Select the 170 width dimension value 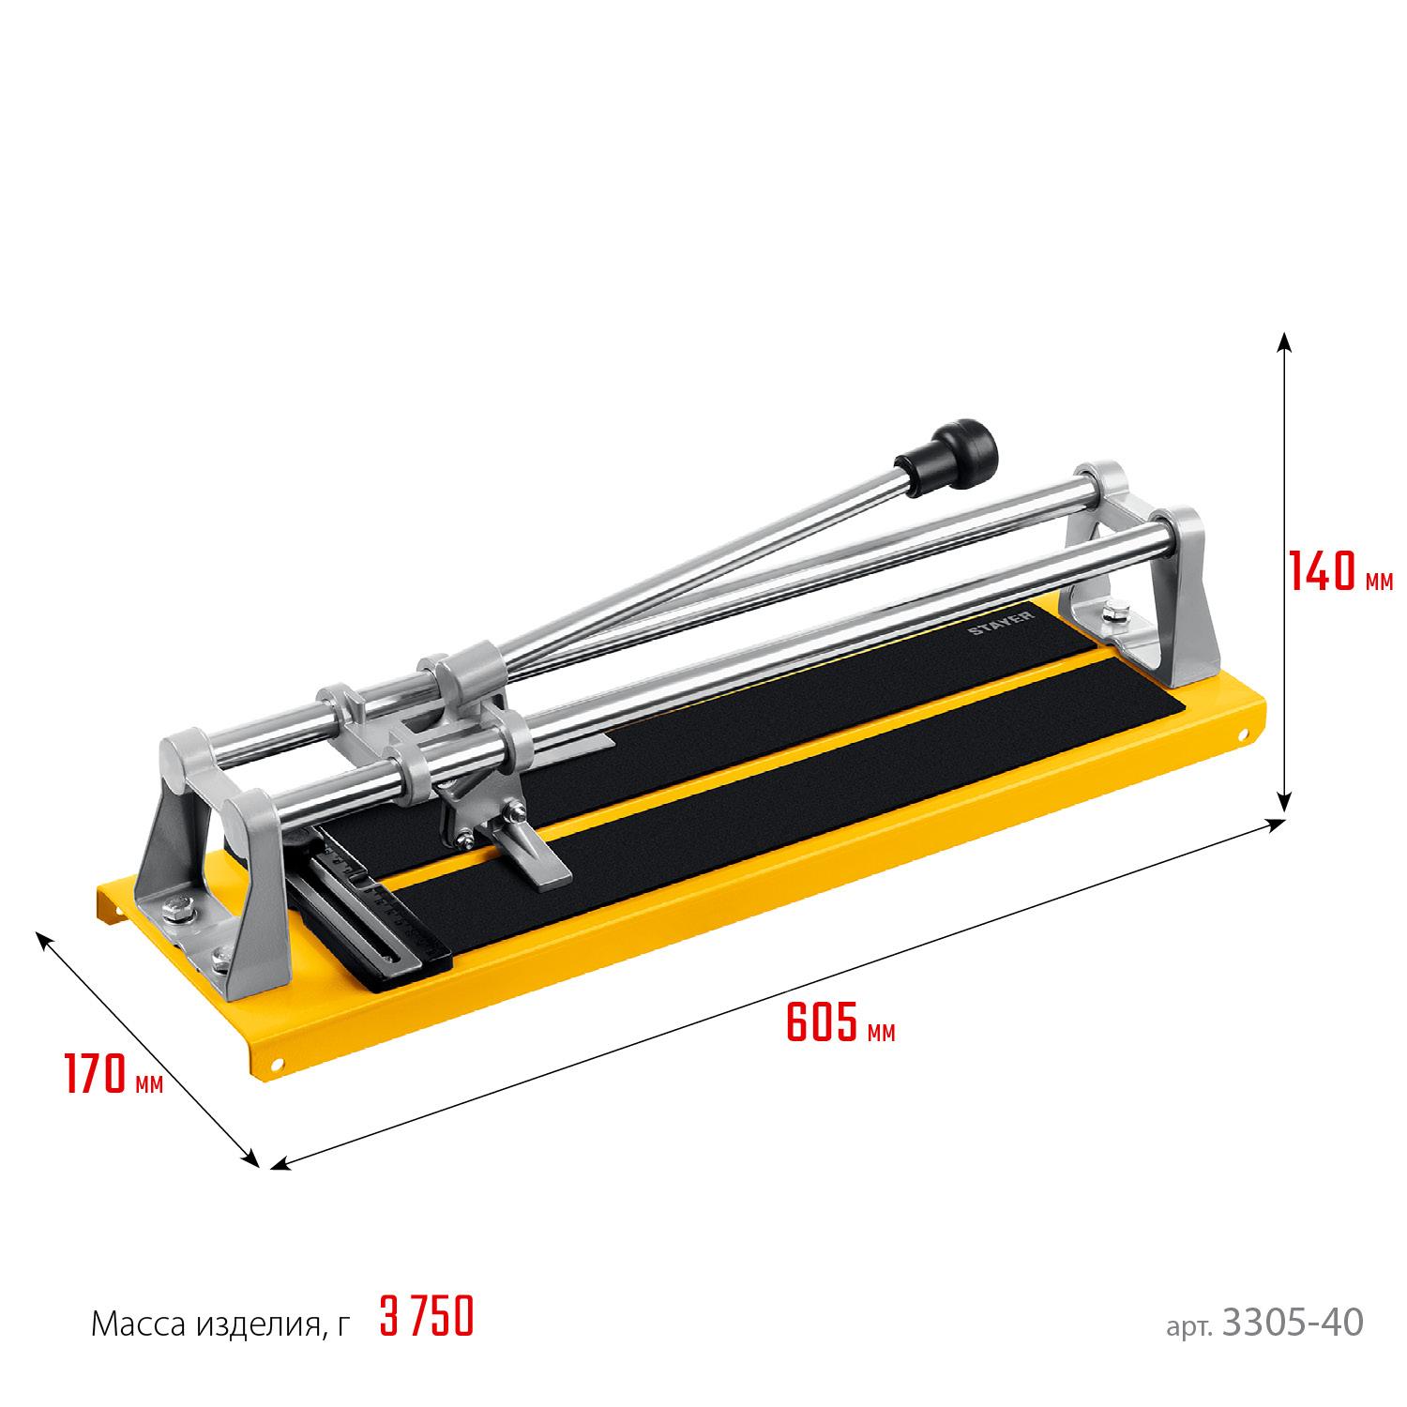click(97, 1075)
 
